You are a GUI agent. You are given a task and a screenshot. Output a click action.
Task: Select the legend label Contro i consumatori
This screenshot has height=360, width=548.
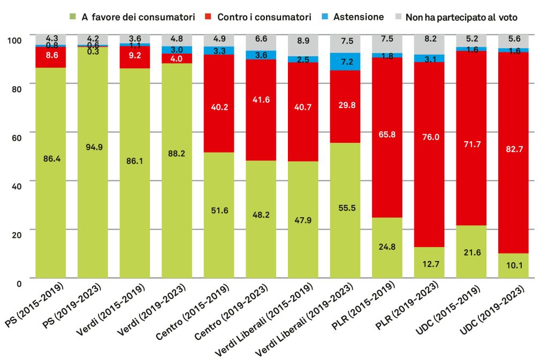pyautogui.click(x=264, y=17)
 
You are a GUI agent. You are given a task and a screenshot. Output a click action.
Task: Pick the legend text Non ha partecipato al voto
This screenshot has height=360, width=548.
pyautogui.click(x=461, y=17)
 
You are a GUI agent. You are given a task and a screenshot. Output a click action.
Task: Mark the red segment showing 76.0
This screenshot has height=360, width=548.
pyautogui.click(x=429, y=155)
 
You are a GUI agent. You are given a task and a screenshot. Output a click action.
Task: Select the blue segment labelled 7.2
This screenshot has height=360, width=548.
pyautogui.click(x=345, y=62)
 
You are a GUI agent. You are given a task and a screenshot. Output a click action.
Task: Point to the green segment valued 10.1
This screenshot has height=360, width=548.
pyautogui.click(x=513, y=265)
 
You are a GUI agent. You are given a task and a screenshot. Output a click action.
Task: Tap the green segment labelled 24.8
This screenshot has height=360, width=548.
pyautogui.click(x=387, y=248)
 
